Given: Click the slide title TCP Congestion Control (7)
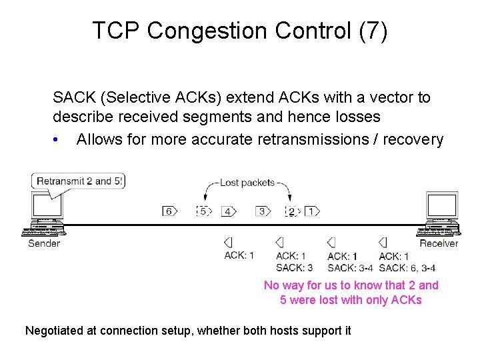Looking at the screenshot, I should pos(239,31).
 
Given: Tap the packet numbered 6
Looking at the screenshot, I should pos(169,211).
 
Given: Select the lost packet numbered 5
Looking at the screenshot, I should pos(203,211).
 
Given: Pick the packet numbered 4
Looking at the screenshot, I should pos(229,211).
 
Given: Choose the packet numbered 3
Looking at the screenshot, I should pos(263,211).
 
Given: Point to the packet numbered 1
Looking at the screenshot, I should pos(311,211).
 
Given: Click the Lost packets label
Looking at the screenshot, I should pos(247,183).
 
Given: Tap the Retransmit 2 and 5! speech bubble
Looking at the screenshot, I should pos(79,181).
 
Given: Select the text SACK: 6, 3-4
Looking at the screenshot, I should pos(407,268).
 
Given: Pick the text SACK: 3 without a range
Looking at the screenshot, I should pos(294,268).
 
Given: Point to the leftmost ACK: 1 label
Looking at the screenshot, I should pos(239,255).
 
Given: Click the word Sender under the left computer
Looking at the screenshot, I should pos(44,243).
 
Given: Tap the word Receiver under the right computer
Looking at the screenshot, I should pos(439,243).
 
